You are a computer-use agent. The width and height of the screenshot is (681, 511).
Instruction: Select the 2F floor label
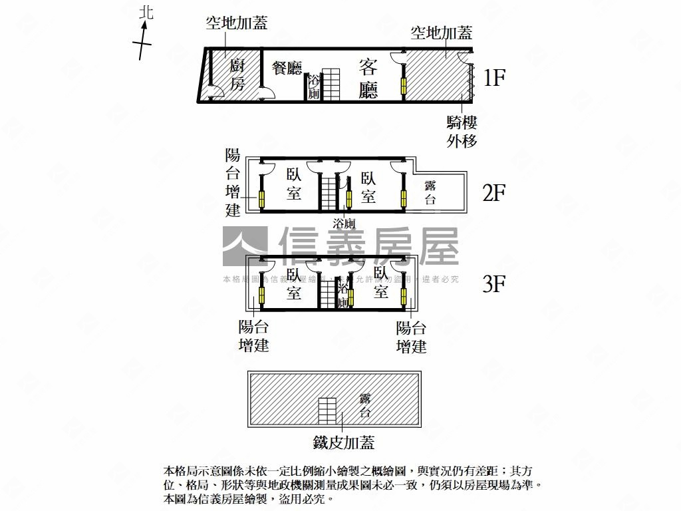click(x=494, y=193)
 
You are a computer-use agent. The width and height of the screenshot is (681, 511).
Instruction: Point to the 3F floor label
click(x=494, y=284)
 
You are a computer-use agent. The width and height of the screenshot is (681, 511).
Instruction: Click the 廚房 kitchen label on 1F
click(x=237, y=75)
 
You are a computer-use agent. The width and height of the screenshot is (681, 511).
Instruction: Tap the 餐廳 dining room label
click(x=287, y=69)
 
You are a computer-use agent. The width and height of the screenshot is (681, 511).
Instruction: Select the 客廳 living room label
click(x=368, y=79)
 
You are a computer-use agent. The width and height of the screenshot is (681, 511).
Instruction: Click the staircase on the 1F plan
click(x=331, y=85)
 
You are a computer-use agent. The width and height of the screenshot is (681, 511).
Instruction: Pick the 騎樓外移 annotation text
click(x=462, y=131)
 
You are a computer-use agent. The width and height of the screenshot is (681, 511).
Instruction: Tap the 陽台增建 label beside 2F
click(x=233, y=183)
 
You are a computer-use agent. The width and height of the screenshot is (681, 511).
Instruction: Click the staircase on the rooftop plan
click(x=327, y=411)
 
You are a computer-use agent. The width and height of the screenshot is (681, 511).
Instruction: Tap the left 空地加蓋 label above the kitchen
click(x=237, y=24)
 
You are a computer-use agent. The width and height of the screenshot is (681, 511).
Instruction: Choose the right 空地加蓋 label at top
click(x=442, y=33)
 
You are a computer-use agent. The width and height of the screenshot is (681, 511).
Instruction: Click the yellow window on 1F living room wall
click(x=403, y=86)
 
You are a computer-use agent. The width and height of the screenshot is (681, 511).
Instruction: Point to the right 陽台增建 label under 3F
click(x=411, y=337)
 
